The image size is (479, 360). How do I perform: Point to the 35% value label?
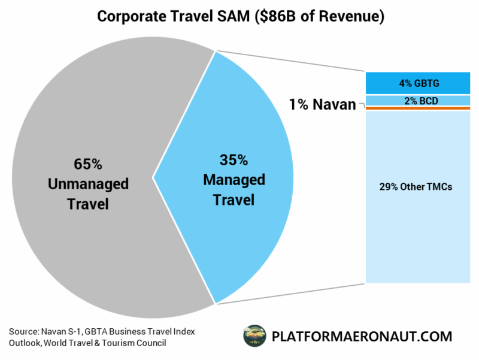click(233, 160)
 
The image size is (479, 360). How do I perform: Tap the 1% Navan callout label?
click(322, 104)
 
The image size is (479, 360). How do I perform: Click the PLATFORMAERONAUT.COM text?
click(362, 336)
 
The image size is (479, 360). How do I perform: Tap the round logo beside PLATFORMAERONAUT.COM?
click(254, 336)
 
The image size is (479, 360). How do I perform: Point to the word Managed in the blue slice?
click(234, 180)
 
